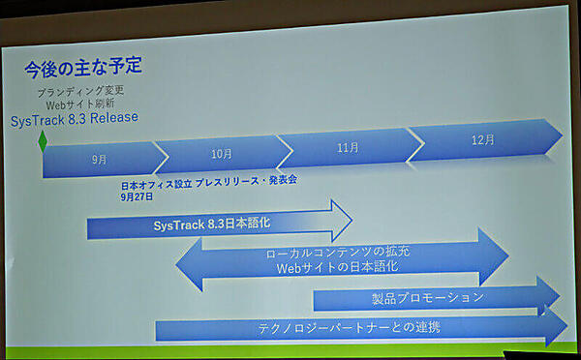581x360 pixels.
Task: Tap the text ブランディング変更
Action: point(84,90)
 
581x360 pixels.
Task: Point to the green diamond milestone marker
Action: point(43,142)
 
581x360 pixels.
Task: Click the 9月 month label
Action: point(99,159)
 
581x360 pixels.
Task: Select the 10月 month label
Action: point(222,153)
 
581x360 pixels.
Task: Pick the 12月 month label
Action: point(483,138)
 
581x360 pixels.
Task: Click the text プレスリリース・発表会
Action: point(247,182)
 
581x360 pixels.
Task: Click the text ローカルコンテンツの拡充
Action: point(336,254)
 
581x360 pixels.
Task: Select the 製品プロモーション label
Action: point(427,298)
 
